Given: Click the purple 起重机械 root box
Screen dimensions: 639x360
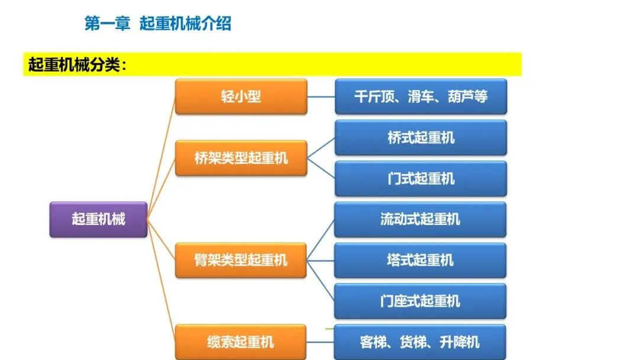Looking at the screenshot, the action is pyautogui.click(x=98, y=219).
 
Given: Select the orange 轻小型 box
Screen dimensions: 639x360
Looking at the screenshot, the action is pyautogui.click(x=241, y=97).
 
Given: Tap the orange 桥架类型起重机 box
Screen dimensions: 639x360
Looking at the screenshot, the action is pyautogui.click(x=241, y=158).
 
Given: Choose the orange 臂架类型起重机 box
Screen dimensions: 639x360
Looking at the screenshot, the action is pyautogui.click(x=241, y=259).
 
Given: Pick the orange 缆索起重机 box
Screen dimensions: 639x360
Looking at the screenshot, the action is pyautogui.click(x=241, y=342).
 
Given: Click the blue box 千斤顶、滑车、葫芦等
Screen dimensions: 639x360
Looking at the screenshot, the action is pyautogui.click(x=421, y=97).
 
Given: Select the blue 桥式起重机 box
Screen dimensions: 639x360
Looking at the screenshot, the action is pyautogui.click(x=421, y=138).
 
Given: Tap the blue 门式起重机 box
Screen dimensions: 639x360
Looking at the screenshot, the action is pyautogui.click(x=421, y=178).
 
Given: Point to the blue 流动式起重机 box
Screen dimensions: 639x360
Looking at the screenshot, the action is pyautogui.click(x=420, y=220).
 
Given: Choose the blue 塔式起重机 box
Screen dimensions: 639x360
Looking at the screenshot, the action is pyautogui.click(x=420, y=260).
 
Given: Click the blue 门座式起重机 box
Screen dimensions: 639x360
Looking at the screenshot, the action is pyautogui.click(x=420, y=301).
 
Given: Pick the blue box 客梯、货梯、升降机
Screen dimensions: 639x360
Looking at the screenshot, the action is pyautogui.click(x=420, y=342).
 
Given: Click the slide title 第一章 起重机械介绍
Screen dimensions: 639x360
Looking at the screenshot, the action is pyautogui.click(x=157, y=24).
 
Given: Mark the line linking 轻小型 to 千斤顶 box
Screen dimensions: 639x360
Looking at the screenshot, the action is pyautogui.click(x=321, y=97).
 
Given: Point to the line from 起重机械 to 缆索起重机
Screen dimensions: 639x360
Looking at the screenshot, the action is pyautogui.click(x=161, y=278).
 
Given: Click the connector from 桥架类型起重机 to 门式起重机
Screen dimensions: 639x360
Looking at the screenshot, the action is pyautogui.click(x=321, y=168).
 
